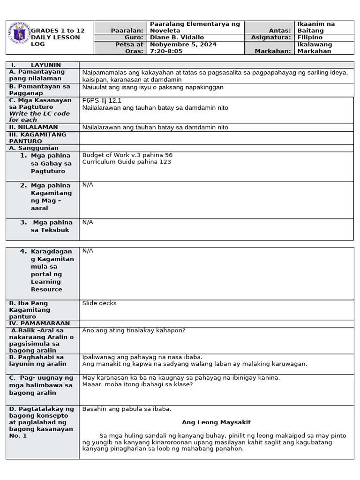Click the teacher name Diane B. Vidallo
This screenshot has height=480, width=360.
[x=177, y=37]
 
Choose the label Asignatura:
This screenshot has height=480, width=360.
[x=271, y=37]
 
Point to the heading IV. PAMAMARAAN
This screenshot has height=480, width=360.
[x=39, y=323]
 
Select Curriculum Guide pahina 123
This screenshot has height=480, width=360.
[x=127, y=162]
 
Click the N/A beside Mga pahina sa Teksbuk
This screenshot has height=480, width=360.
[x=88, y=222]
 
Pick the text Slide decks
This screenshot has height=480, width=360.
[x=99, y=303]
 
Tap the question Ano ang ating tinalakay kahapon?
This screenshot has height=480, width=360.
[x=134, y=330]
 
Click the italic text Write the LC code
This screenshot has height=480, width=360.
[x=39, y=113]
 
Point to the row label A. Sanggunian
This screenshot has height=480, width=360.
[x=34, y=148]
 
